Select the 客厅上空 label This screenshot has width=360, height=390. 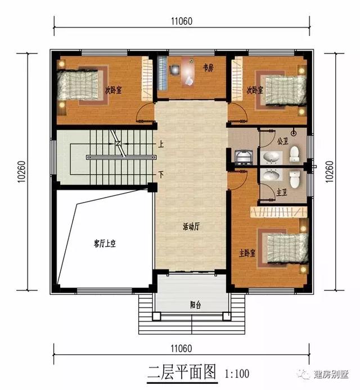pyautogui.click(x=104, y=244)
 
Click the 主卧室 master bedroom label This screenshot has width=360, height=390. pyautogui.click(x=247, y=253)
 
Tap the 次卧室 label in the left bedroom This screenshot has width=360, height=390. pyautogui.click(x=114, y=89)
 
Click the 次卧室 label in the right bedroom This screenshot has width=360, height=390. pyautogui.click(x=255, y=89)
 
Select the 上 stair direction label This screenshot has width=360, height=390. pyautogui.click(x=161, y=144)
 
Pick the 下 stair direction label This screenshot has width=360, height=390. pyautogui.click(x=161, y=174)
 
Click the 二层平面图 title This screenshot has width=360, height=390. pyautogui.click(x=182, y=372)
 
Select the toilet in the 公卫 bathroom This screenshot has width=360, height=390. pyautogui.click(x=294, y=153)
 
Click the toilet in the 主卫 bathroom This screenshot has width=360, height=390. pyautogui.click(x=294, y=179)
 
